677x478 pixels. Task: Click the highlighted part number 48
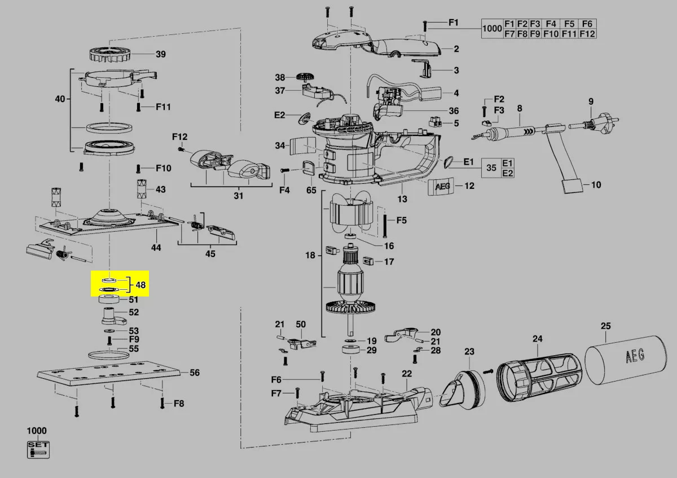point(140,285)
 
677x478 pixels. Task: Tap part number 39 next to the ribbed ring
point(161,54)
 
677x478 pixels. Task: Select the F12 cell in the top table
point(587,34)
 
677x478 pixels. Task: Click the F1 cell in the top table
point(509,24)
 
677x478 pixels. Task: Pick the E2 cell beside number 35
point(508,173)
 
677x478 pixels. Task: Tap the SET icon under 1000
point(38,449)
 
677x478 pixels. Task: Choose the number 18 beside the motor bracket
point(310,255)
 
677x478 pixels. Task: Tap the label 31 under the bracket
point(239,196)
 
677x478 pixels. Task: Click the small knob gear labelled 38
point(306,77)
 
